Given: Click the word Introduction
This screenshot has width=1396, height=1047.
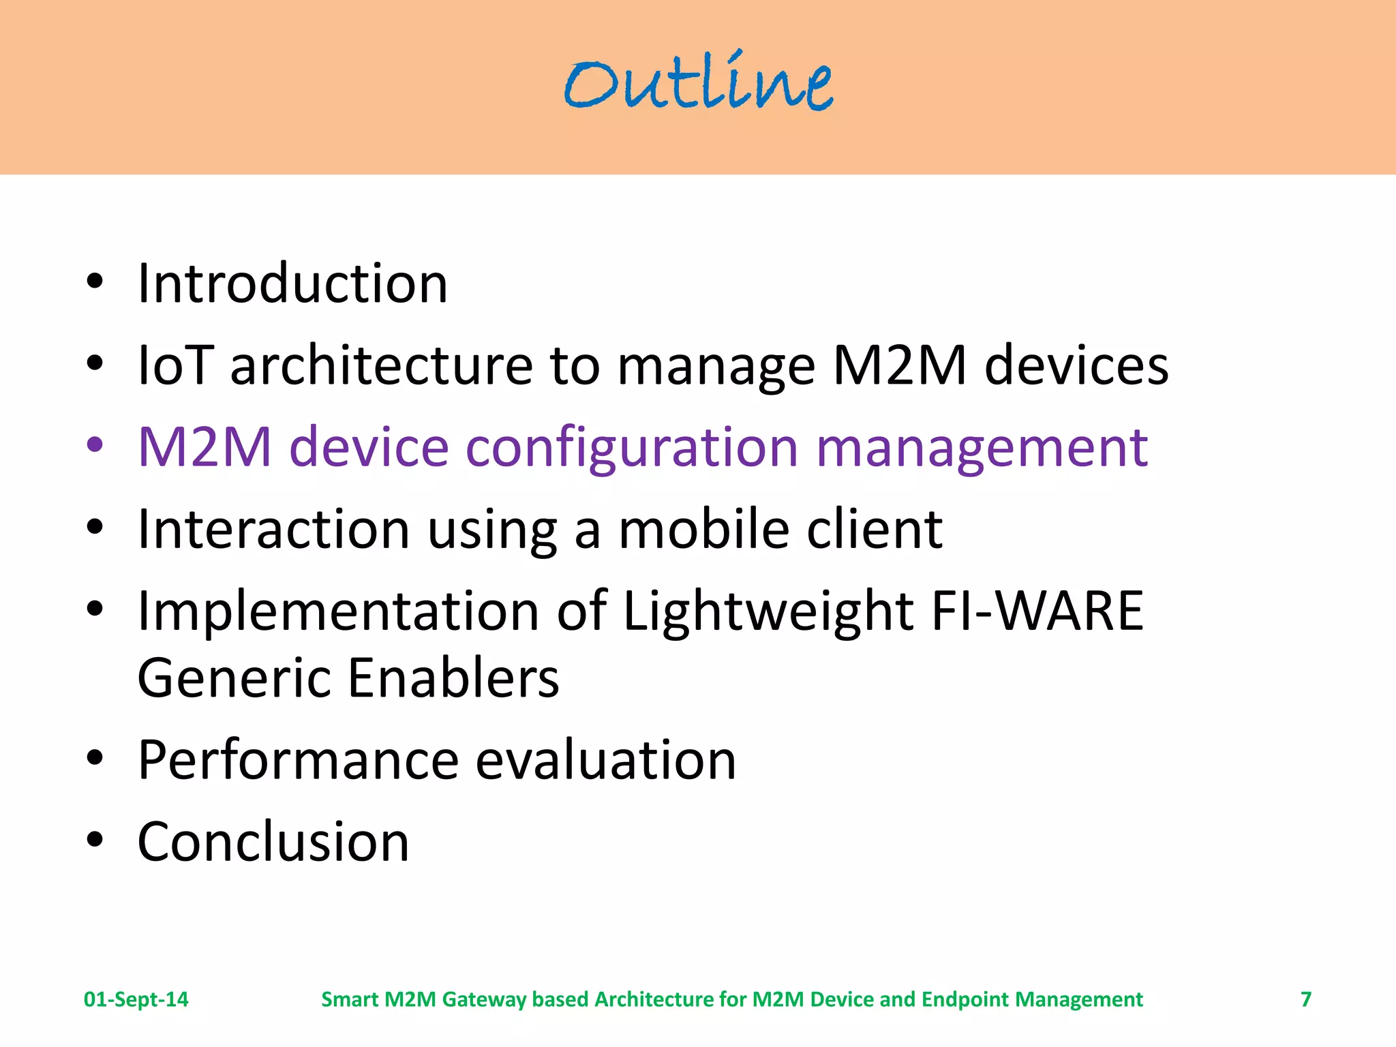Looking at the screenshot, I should [292, 284].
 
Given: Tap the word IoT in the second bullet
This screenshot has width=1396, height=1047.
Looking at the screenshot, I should [176, 365].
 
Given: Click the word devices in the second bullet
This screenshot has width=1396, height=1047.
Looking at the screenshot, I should [1076, 365].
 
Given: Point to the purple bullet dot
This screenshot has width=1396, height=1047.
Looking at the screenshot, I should [95, 445].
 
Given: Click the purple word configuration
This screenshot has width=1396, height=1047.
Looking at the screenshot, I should [632, 449].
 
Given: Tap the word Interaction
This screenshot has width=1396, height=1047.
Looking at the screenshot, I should [273, 529].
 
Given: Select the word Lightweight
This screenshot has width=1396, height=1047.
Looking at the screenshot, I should [768, 611].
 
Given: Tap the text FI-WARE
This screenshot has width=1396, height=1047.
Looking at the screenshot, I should [1037, 611].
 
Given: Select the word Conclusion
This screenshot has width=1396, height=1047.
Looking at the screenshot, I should [273, 842].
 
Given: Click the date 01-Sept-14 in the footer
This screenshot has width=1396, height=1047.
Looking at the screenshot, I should [136, 999].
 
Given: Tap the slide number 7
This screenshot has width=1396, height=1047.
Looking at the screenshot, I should [1305, 999].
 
